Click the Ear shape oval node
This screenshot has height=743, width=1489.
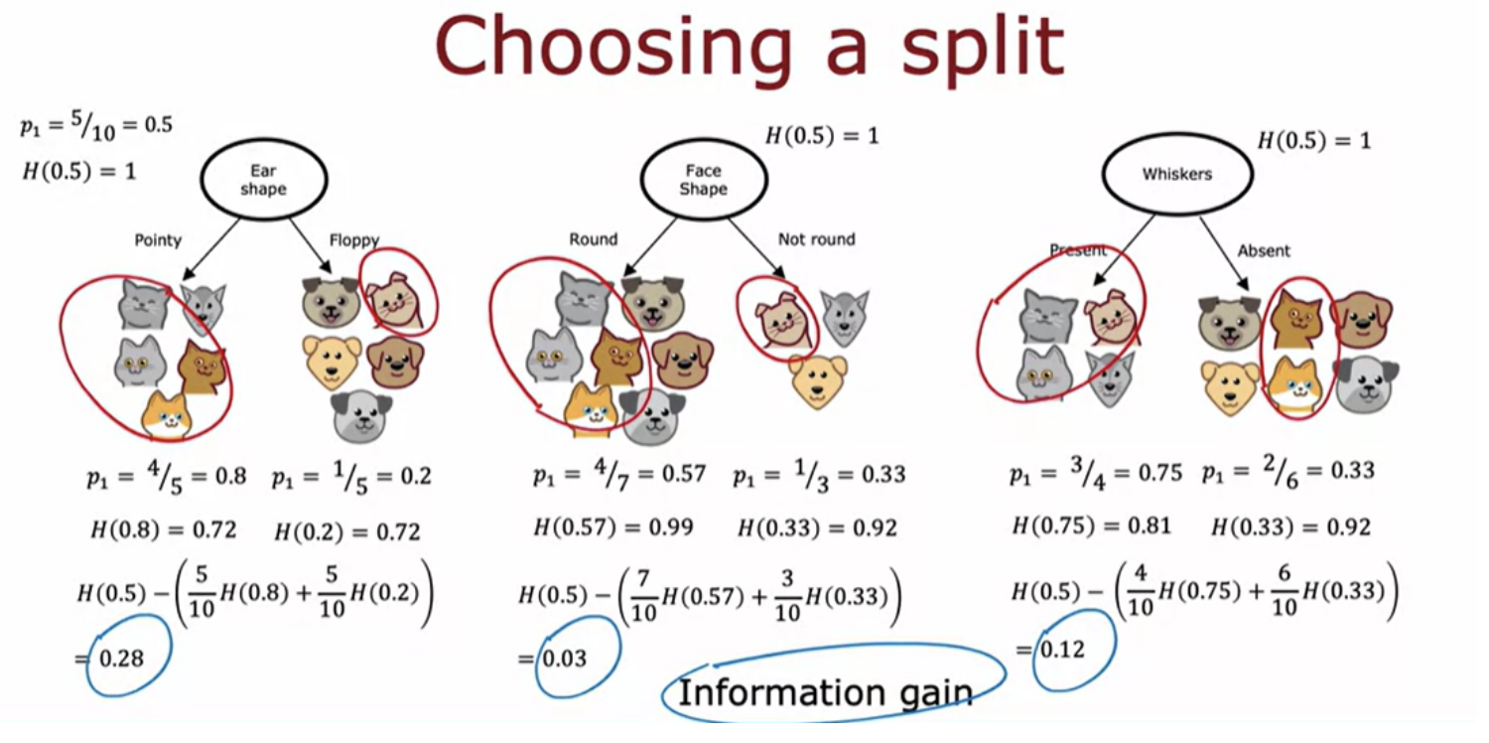(x=264, y=180)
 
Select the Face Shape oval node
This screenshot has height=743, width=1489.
(x=704, y=180)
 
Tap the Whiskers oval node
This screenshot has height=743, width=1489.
(x=1177, y=174)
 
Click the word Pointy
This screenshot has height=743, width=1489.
(x=158, y=240)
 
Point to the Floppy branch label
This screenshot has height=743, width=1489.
(x=354, y=240)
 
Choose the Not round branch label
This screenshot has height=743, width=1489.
(x=817, y=239)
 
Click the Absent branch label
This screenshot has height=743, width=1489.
(x=1264, y=250)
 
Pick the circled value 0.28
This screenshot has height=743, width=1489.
(x=121, y=659)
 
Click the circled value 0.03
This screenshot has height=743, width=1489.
(x=565, y=659)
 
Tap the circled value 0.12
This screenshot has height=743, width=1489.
(x=1062, y=650)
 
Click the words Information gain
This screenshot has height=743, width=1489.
(x=825, y=692)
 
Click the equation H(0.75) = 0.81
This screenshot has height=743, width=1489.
(x=1091, y=525)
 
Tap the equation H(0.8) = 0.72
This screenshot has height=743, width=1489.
(x=164, y=529)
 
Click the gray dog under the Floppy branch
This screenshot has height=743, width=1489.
(x=361, y=417)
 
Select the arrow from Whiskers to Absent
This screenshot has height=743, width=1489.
(x=1224, y=253)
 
